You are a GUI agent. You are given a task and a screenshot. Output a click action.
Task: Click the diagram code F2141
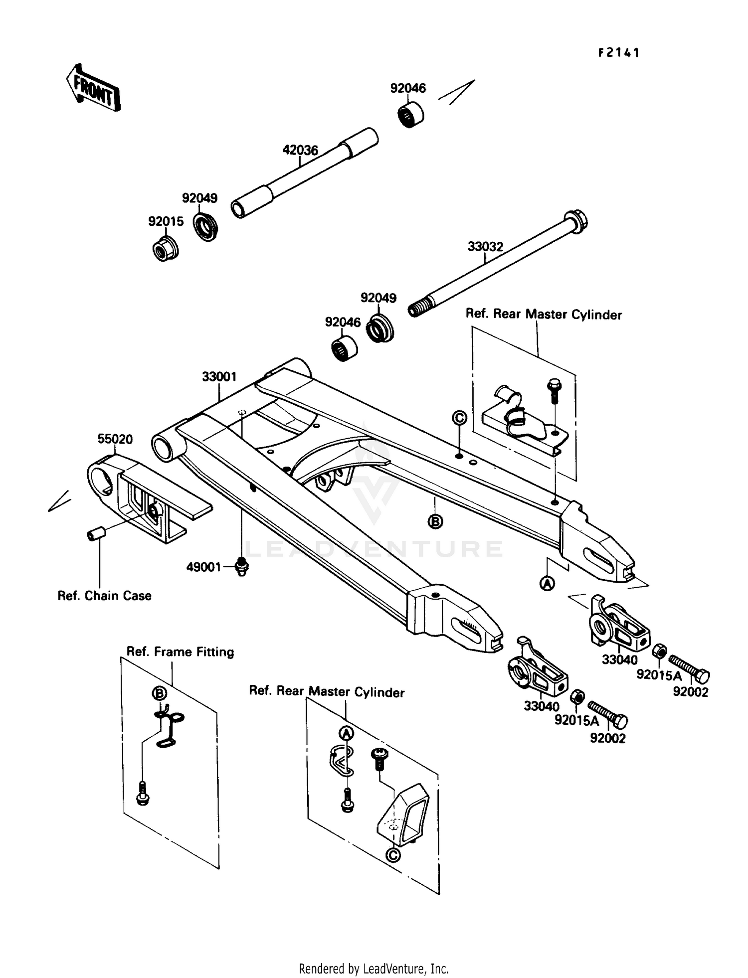(x=618, y=53)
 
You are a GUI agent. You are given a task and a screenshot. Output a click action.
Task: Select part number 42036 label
(x=300, y=150)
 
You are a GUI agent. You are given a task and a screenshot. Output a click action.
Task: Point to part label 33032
(x=485, y=246)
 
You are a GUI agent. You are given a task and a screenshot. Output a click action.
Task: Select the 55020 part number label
(x=115, y=439)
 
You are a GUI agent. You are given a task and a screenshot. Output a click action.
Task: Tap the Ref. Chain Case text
(x=104, y=596)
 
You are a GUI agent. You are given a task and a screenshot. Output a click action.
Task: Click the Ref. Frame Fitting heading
(x=180, y=652)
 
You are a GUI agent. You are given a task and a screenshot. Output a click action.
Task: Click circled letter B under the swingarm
(x=435, y=522)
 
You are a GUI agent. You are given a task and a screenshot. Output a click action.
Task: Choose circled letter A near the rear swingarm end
(x=548, y=583)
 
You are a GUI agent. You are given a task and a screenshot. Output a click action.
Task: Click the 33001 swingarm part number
(x=219, y=377)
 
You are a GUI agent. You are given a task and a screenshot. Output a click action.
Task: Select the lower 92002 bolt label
(x=607, y=738)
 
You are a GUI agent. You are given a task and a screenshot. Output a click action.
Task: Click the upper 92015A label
(x=659, y=675)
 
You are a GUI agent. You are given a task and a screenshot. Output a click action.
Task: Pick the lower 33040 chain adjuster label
(x=541, y=706)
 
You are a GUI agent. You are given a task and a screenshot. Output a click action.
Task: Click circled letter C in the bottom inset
(x=393, y=855)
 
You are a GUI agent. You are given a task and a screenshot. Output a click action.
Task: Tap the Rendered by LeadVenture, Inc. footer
(x=374, y=969)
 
